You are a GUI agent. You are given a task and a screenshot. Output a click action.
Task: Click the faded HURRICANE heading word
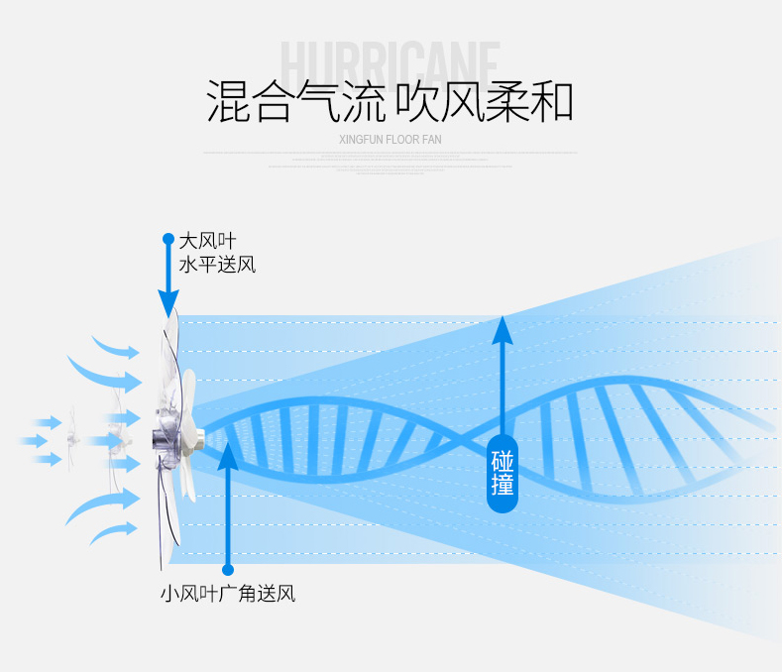tap(391, 61)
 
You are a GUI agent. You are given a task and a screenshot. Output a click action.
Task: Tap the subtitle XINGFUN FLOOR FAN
tap(390, 140)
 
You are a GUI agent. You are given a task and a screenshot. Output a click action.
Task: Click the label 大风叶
tap(207, 241)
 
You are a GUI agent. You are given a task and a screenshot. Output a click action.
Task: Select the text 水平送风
tap(217, 265)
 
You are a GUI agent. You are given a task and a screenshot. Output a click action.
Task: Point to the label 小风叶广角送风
tap(228, 595)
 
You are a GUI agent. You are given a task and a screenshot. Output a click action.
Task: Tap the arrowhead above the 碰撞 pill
tap(503, 329)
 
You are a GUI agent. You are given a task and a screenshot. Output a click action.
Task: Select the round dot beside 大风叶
tap(168, 239)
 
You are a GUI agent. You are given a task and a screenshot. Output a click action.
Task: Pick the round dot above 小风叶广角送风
tap(228, 569)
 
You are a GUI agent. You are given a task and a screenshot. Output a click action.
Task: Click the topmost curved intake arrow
tap(117, 348)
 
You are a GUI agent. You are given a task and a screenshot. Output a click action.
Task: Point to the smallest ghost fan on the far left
tap(72, 440)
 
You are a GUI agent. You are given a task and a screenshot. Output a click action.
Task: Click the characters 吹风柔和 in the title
tap(485, 102)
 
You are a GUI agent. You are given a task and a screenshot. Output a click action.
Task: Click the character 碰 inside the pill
tap(503, 462)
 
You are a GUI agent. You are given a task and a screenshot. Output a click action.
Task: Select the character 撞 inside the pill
tap(503, 486)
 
